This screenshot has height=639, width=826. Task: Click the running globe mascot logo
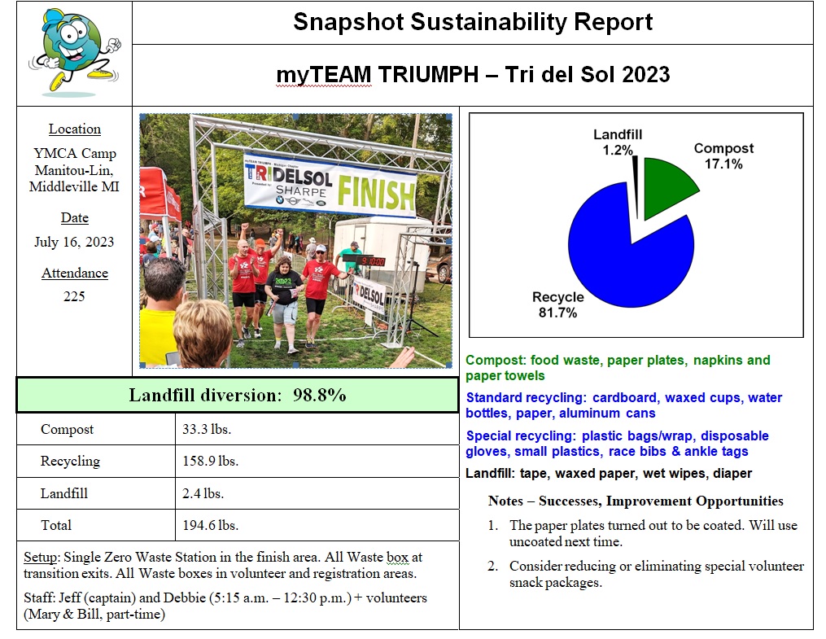point(74,52)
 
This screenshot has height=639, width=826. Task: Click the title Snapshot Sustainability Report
point(473,22)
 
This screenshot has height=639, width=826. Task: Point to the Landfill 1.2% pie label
point(618,142)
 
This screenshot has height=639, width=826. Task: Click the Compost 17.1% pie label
point(723,155)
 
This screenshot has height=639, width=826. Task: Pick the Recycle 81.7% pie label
point(558,304)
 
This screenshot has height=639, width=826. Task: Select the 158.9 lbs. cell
point(210,461)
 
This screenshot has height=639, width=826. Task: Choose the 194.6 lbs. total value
point(210,525)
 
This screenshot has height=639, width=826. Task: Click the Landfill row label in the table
point(64,493)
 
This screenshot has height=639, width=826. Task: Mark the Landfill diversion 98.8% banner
point(238,395)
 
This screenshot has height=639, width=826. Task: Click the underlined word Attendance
point(75,273)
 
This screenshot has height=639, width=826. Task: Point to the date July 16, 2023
point(74,242)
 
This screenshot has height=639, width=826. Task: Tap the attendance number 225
point(74,296)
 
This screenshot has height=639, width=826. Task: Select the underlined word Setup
point(41,558)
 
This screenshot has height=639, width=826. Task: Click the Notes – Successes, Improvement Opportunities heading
point(636,501)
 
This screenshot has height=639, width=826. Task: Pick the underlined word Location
point(75,129)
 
